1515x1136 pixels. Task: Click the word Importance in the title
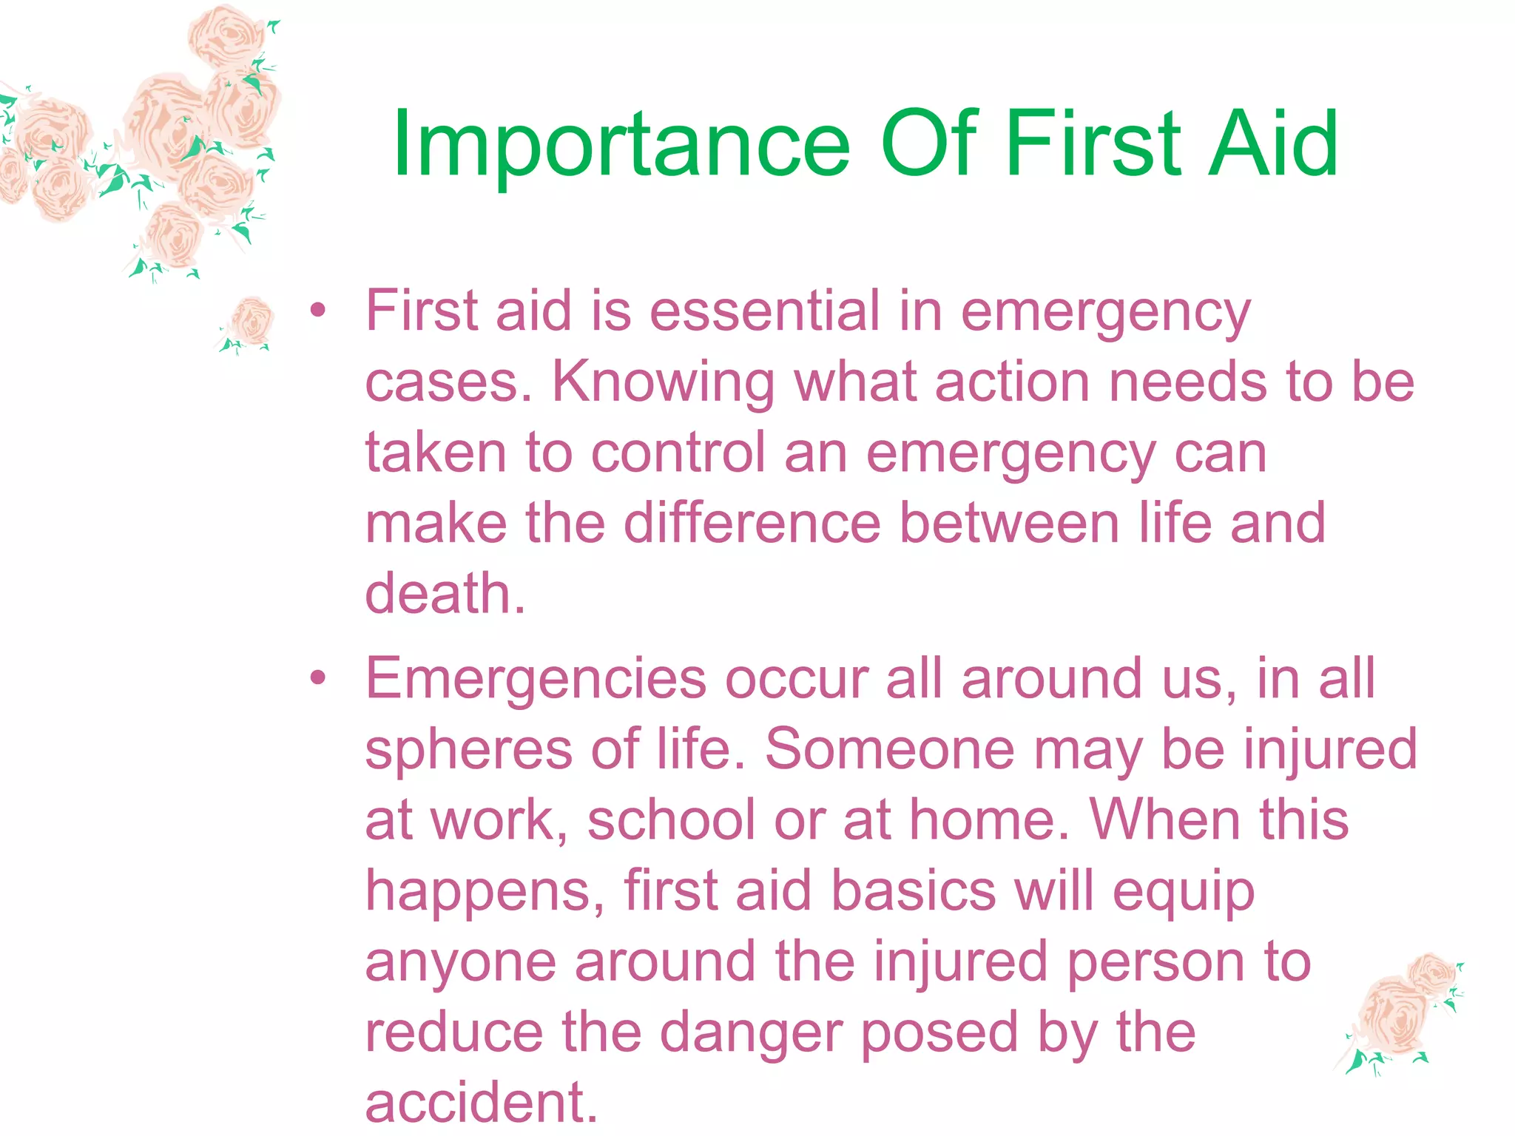621,144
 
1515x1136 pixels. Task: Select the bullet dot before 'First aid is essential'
317,311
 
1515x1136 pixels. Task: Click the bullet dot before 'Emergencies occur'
317,677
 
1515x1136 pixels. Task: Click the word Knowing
664,383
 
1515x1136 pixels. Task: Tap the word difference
752,523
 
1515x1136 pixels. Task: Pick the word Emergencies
536,679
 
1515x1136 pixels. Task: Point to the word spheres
468,750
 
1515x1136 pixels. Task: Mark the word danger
750,1032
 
